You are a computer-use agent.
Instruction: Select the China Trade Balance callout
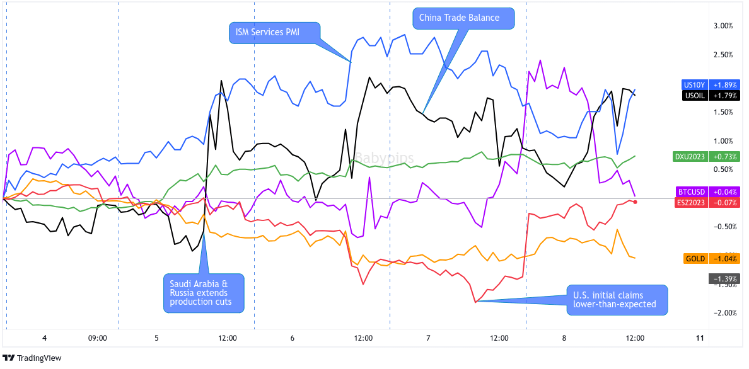tap(464, 18)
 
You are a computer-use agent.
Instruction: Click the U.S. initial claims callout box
tap(615, 300)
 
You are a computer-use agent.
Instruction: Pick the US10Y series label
tap(694, 85)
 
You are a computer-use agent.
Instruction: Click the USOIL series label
tap(694, 96)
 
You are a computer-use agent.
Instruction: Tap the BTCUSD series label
tap(691, 191)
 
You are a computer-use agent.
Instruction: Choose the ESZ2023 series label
tap(691, 202)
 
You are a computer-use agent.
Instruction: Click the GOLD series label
tap(695, 259)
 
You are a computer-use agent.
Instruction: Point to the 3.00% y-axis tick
tap(723, 26)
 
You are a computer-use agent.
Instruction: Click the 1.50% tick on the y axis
tap(723, 113)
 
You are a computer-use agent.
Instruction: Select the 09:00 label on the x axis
tap(97, 338)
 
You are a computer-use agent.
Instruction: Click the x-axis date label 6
tap(293, 338)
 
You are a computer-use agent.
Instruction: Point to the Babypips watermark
tap(383, 158)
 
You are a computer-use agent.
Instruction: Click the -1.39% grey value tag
tap(724, 278)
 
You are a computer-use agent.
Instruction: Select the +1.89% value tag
tap(724, 85)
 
